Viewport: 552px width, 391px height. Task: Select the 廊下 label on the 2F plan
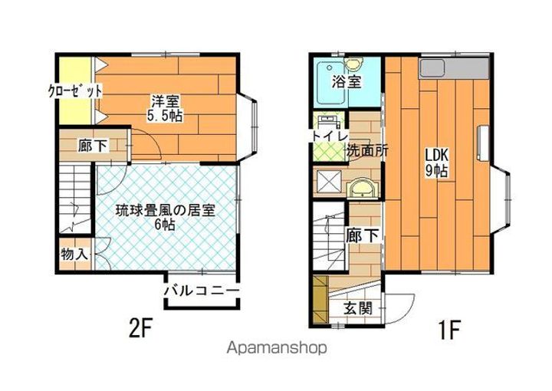(93, 146)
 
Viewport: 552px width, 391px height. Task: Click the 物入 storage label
(74, 254)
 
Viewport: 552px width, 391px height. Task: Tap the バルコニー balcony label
(201, 291)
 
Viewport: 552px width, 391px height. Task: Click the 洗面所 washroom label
(366, 150)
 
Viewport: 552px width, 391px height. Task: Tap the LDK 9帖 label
(437, 163)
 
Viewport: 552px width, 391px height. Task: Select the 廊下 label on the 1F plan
(363, 235)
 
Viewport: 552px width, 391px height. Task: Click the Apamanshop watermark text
(276, 347)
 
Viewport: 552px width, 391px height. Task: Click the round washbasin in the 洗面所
(360, 187)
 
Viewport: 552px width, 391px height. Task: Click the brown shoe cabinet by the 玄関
(319, 300)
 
